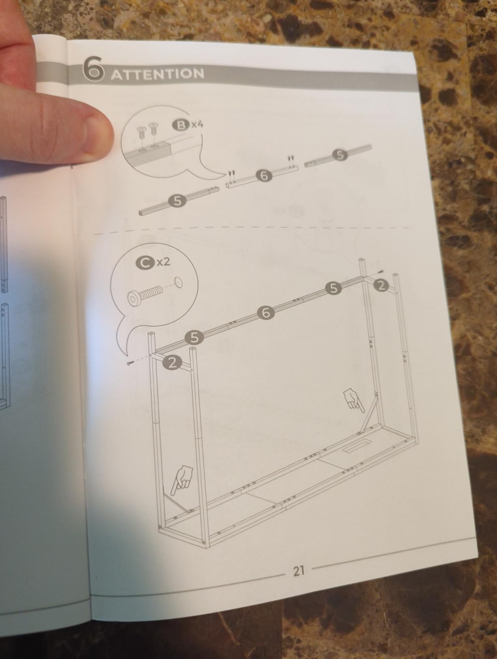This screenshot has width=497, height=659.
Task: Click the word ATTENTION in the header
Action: [x=158, y=74]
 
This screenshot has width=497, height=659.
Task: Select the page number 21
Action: [x=299, y=571]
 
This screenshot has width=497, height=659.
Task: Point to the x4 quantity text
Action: [x=197, y=124]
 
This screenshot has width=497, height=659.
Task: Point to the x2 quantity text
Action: [x=164, y=262]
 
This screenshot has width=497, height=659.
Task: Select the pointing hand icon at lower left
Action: [x=181, y=480]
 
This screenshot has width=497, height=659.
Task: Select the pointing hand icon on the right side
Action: [x=353, y=399]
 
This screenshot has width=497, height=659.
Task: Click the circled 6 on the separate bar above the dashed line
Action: [x=264, y=176]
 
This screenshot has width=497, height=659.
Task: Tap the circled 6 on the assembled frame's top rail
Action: [x=266, y=313]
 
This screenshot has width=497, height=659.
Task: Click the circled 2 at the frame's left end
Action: [x=172, y=363]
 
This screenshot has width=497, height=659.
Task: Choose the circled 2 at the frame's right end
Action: [x=381, y=286]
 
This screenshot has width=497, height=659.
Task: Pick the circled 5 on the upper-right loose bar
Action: [x=339, y=155]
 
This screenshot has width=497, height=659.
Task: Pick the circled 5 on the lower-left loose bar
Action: [x=177, y=201]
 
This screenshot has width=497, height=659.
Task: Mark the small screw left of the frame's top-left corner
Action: [x=129, y=364]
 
